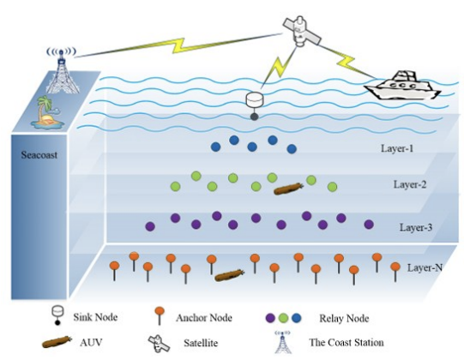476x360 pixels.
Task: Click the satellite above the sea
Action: click(301, 32)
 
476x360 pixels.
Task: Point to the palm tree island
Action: click(46, 112)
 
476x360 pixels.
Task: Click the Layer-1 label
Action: click(397, 148)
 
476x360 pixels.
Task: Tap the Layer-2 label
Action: click(410, 184)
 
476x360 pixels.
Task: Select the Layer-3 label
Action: click(416, 227)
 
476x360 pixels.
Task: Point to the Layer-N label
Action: click(425, 267)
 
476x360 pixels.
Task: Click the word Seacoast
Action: click(39, 155)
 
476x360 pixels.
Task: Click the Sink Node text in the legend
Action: click(95, 317)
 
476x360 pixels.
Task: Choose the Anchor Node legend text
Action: click(204, 318)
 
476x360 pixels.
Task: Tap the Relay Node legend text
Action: click(344, 319)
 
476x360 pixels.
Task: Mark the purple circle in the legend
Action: click(270, 318)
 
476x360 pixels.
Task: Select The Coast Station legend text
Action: click(346, 342)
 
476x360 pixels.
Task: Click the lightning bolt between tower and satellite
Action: click(178, 45)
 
